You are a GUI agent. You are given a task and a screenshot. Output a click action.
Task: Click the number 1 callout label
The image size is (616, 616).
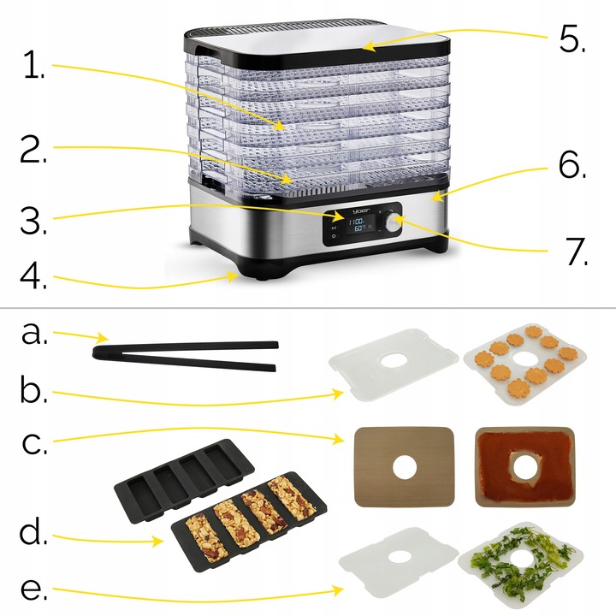click(x=34, y=67)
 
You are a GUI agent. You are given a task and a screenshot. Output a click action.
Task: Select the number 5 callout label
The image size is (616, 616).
click(x=572, y=38)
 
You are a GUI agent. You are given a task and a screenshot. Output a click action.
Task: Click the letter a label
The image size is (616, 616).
click(x=34, y=334)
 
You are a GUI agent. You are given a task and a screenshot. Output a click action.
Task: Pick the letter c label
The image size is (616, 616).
click(x=33, y=444)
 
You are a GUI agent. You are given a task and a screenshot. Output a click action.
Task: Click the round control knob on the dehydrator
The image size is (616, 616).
click(x=393, y=222)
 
